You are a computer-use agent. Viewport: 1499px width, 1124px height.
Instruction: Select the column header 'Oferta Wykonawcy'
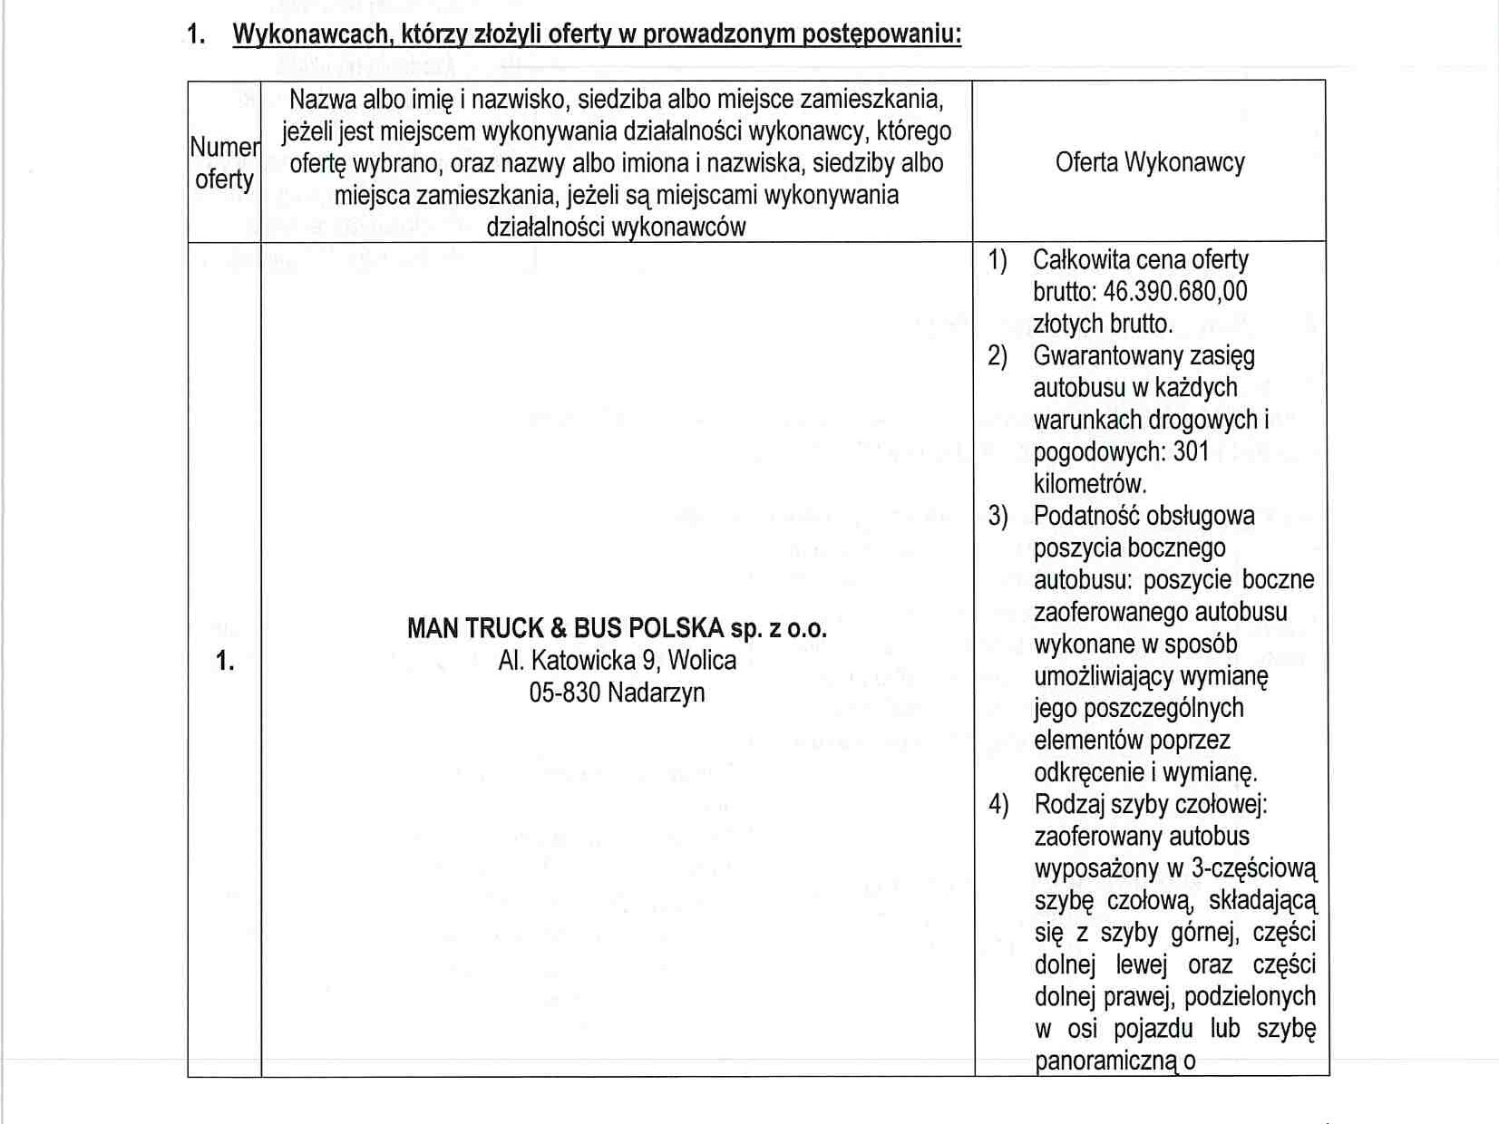pyautogui.click(x=1149, y=162)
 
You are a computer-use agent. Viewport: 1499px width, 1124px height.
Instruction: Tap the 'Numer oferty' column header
pyautogui.click(x=224, y=163)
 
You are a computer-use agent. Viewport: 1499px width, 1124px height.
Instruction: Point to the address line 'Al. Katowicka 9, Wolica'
pyautogui.click(x=617, y=660)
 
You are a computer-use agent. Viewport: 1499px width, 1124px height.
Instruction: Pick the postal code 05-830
pyautogui.click(x=565, y=693)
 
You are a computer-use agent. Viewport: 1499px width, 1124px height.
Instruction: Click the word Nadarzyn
pyautogui.click(x=656, y=693)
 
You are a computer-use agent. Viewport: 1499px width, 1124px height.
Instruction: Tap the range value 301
pyautogui.click(x=1191, y=451)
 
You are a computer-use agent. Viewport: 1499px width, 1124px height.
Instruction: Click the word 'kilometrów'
pyautogui.click(x=1090, y=483)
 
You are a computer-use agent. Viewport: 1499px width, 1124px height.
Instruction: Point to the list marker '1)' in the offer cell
pyautogui.click(x=998, y=260)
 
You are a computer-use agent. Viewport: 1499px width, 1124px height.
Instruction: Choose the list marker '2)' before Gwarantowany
pyautogui.click(x=998, y=355)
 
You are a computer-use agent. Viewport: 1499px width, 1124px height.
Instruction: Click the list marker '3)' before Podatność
pyautogui.click(x=998, y=516)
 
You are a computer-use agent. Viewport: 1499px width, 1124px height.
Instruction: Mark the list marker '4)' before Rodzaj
pyautogui.click(x=998, y=804)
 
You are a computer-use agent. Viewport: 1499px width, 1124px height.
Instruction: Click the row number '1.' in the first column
pyautogui.click(x=225, y=662)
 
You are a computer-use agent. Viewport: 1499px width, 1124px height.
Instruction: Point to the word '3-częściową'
pyautogui.click(x=1253, y=868)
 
